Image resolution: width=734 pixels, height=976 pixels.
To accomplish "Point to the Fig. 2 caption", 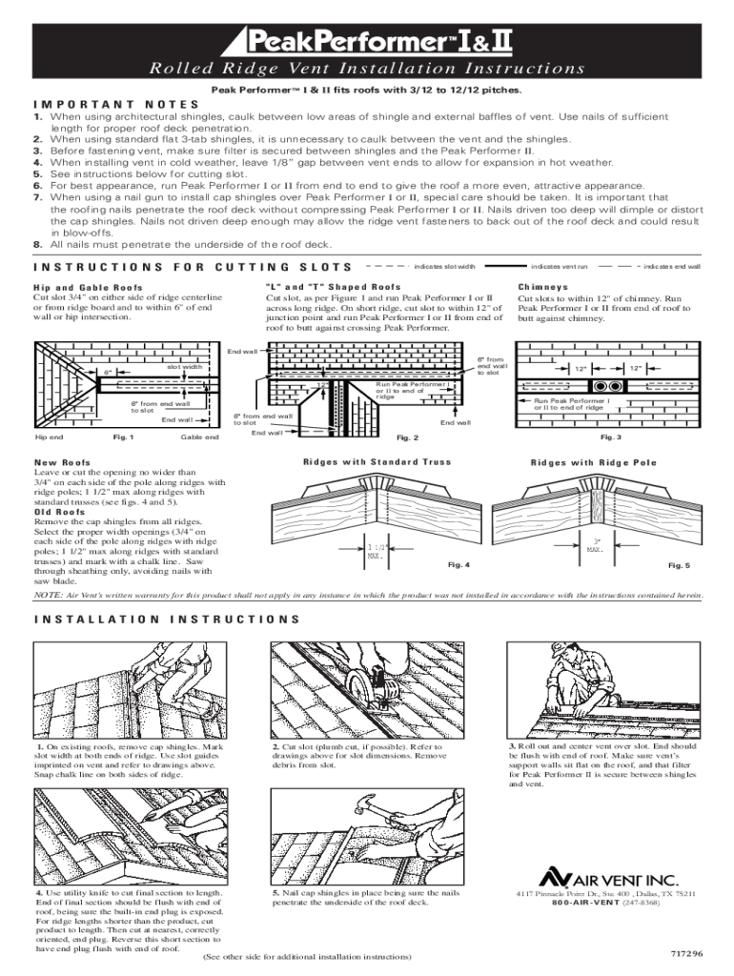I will tap(407, 437).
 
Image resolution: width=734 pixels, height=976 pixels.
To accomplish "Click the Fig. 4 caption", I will tap(459, 564).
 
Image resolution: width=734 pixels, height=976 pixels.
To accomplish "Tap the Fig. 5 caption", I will tap(679, 566).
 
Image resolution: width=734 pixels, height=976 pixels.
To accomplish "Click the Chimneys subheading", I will tap(542, 286).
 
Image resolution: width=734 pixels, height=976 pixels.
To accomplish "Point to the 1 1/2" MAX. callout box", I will tap(376, 551).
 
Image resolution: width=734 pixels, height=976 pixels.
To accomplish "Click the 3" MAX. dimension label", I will tap(595, 546).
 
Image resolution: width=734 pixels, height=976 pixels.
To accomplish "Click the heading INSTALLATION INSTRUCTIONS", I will tap(167, 618).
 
